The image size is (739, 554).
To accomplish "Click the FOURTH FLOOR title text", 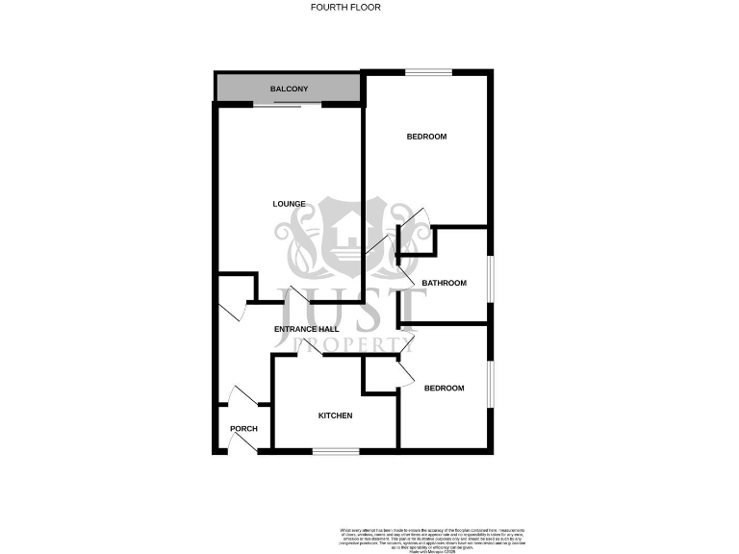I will point(345,8).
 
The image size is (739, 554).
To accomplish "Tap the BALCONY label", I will point(289,89).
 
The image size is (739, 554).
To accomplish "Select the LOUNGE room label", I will point(289,204).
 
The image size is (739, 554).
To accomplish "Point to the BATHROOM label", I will point(444,283).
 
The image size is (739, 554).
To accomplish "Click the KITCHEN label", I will point(336,415).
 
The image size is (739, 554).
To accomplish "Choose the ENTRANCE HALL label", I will point(305,330).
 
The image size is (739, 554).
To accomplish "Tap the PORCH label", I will point(243,429).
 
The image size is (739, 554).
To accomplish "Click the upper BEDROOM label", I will point(426,137).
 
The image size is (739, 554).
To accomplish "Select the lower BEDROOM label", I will point(445,388).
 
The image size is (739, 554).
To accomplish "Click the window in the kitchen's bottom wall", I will point(336,451).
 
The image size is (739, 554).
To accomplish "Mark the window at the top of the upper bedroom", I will point(427,71).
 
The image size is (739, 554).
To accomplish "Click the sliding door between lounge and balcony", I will point(283,103).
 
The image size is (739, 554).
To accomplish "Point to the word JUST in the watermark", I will point(351,308).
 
